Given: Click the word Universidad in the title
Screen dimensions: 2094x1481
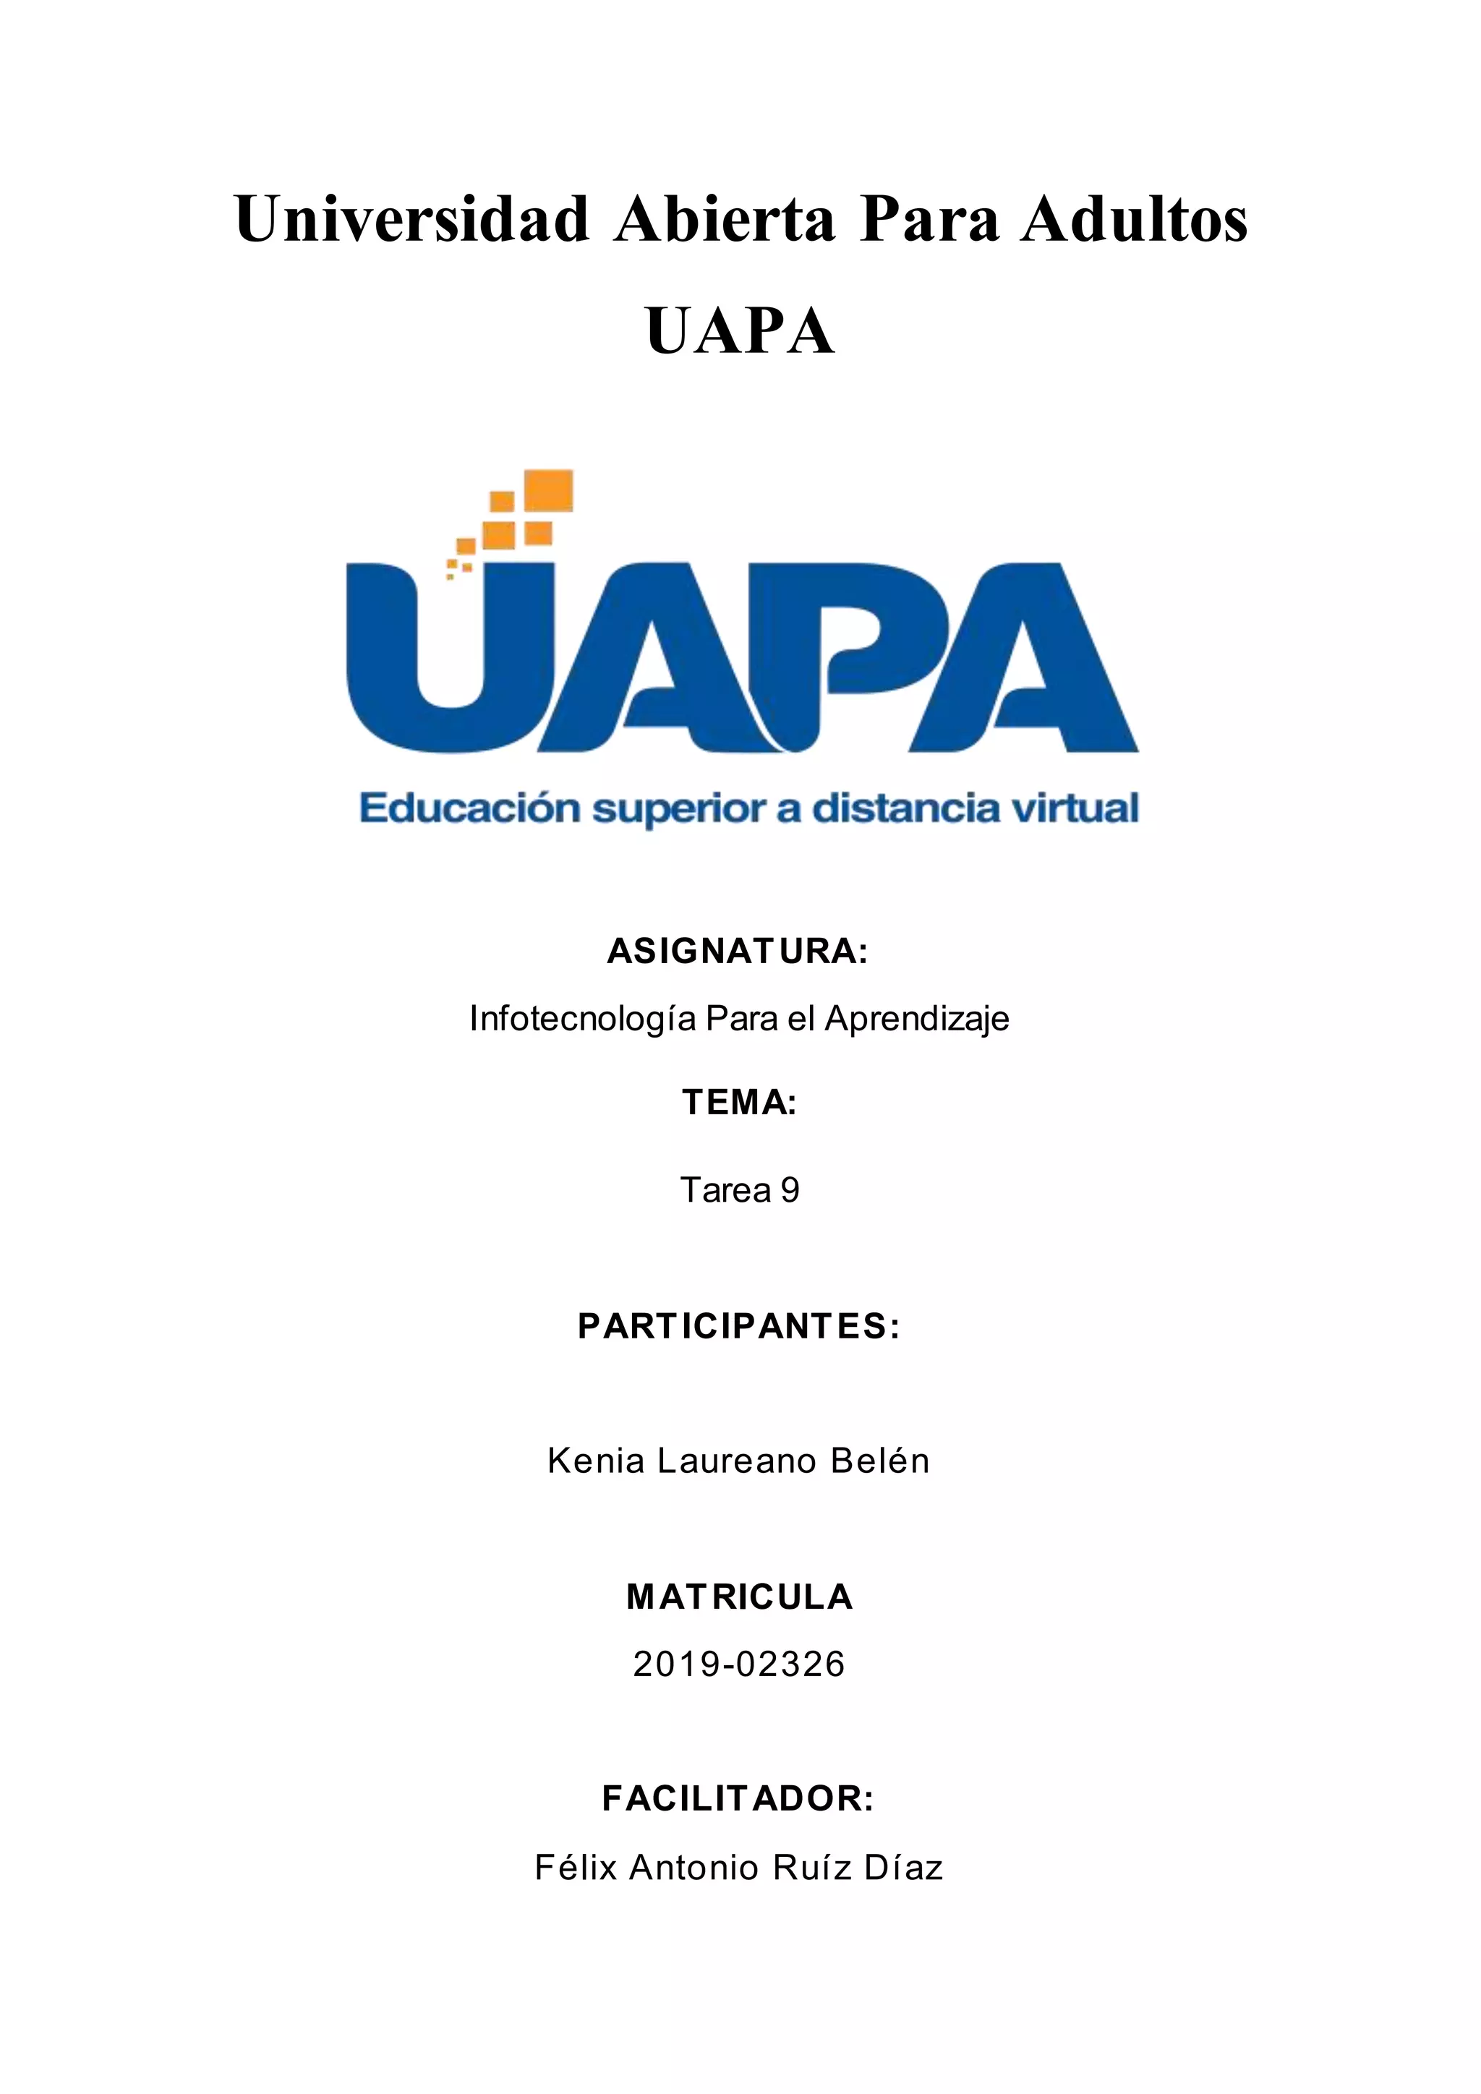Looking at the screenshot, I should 411,219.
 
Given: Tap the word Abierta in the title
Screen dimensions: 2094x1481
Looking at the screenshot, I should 724,219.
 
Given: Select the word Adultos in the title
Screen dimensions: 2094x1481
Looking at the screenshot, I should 1134,219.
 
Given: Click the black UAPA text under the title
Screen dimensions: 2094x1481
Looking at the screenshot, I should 740,331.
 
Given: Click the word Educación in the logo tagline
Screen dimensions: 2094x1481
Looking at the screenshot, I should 469,809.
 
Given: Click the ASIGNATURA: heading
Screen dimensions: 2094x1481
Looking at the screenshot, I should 738,952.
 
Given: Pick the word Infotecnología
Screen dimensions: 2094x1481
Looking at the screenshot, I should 584,1019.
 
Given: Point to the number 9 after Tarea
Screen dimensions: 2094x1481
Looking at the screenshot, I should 790,1190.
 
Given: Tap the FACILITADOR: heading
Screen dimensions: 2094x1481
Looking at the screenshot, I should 738,1798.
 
